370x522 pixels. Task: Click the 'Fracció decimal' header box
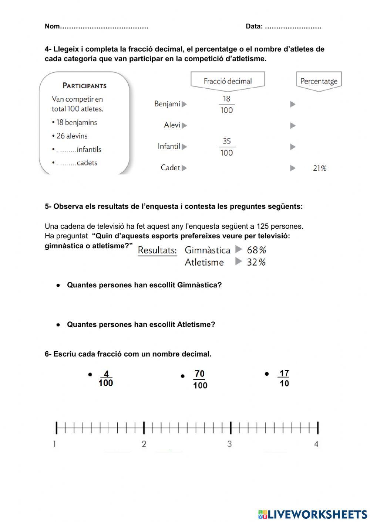pos(228,81)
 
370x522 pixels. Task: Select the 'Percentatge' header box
pos(319,81)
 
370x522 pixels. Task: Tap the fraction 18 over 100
pos(226,105)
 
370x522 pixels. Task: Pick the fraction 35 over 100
pos(226,147)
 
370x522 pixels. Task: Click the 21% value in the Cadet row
pos(320,168)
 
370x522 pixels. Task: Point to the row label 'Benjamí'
pos(167,104)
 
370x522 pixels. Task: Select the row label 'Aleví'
pos(172,125)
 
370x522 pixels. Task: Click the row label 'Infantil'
pos(169,146)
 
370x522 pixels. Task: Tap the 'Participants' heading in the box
pos(84,85)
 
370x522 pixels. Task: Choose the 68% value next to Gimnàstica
pos(256,250)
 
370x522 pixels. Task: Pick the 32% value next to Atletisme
pos(256,262)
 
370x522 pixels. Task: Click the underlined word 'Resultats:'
pos(157,250)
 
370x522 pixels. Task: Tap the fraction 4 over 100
pos(106,379)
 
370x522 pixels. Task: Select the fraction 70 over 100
pos(200,379)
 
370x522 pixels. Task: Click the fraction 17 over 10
pos(284,378)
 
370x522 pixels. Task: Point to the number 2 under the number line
pos(144,444)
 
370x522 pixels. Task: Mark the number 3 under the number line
pos(229,444)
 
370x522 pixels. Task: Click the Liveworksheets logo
pos(312,514)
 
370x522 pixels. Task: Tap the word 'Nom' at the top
pos(52,26)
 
